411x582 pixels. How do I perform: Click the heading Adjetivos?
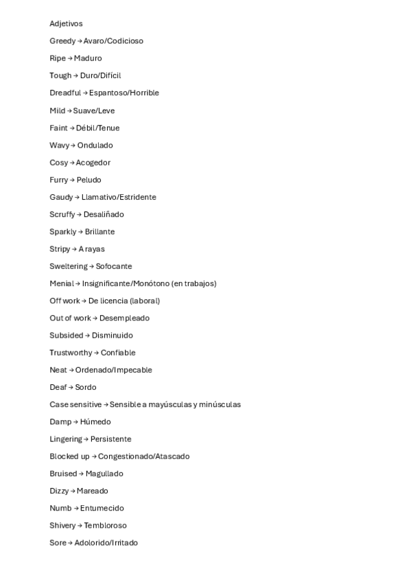click(x=66, y=24)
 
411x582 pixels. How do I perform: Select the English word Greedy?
click(x=62, y=41)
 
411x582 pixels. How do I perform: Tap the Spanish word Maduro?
click(x=88, y=58)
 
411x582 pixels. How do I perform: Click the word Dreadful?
click(x=65, y=93)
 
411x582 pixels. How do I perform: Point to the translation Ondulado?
click(x=95, y=145)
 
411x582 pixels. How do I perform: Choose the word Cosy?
click(x=58, y=163)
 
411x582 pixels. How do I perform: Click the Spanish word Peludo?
click(x=89, y=180)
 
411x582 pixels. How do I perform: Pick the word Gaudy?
click(x=61, y=197)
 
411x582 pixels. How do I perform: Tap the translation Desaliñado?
click(x=104, y=214)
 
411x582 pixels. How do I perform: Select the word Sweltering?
click(x=69, y=266)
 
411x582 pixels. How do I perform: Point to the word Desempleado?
click(x=124, y=318)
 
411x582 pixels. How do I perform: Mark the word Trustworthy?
click(x=71, y=353)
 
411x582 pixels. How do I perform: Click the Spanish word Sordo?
click(x=86, y=387)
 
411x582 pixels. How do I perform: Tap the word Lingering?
click(x=66, y=439)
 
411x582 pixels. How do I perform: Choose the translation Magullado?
click(x=104, y=474)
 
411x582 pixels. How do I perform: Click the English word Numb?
click(x=60, y=508)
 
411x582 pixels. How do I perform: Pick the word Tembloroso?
click(x=105, y=526)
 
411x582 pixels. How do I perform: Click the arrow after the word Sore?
click(x=71, y=543)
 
